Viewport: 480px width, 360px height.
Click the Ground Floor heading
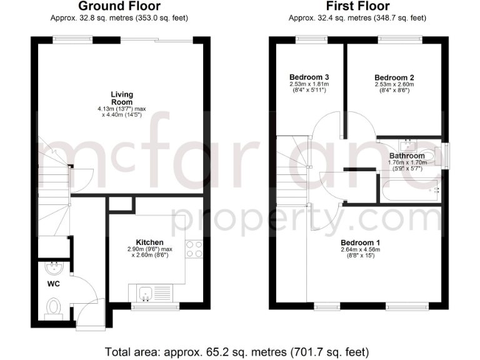pyautogui.click(x=118, y=7)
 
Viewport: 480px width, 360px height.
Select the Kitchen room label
pyautogui.click(x=150, y=242)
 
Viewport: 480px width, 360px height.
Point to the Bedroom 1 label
pyautogui.click(x=361, y=242)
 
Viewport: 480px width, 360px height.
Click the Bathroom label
pyautogui.click(x=407, y=156)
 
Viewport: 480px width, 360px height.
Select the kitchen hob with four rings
pyautogui.click(x=194, y=249)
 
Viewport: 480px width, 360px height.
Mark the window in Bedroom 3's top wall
pyautogui.click(x=306, y=40)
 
